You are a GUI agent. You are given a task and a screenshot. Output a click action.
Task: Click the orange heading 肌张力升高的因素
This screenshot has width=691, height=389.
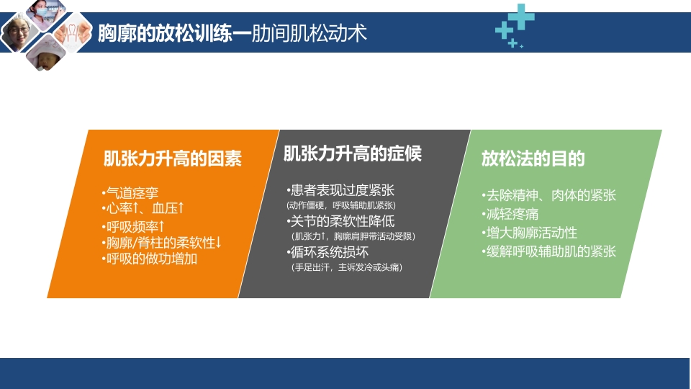point(173,158)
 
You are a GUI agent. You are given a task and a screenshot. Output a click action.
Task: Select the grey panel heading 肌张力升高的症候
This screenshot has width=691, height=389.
point(352,153)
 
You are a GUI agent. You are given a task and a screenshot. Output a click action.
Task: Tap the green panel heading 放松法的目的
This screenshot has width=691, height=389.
point(533,158)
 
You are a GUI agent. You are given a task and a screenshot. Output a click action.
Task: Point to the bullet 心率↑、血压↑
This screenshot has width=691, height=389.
point(143,208)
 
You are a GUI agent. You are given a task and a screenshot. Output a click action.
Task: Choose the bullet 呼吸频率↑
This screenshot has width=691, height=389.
point(133,227)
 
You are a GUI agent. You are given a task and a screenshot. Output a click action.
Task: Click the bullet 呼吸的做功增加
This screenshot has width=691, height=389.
point(149,259)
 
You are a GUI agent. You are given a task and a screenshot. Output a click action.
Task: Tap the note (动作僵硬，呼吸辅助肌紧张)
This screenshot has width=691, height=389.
point(341,205)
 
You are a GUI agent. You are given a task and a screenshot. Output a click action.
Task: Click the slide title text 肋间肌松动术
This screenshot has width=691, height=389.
point(310,34)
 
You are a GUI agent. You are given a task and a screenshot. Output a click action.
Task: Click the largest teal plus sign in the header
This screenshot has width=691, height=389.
point(521,17)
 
